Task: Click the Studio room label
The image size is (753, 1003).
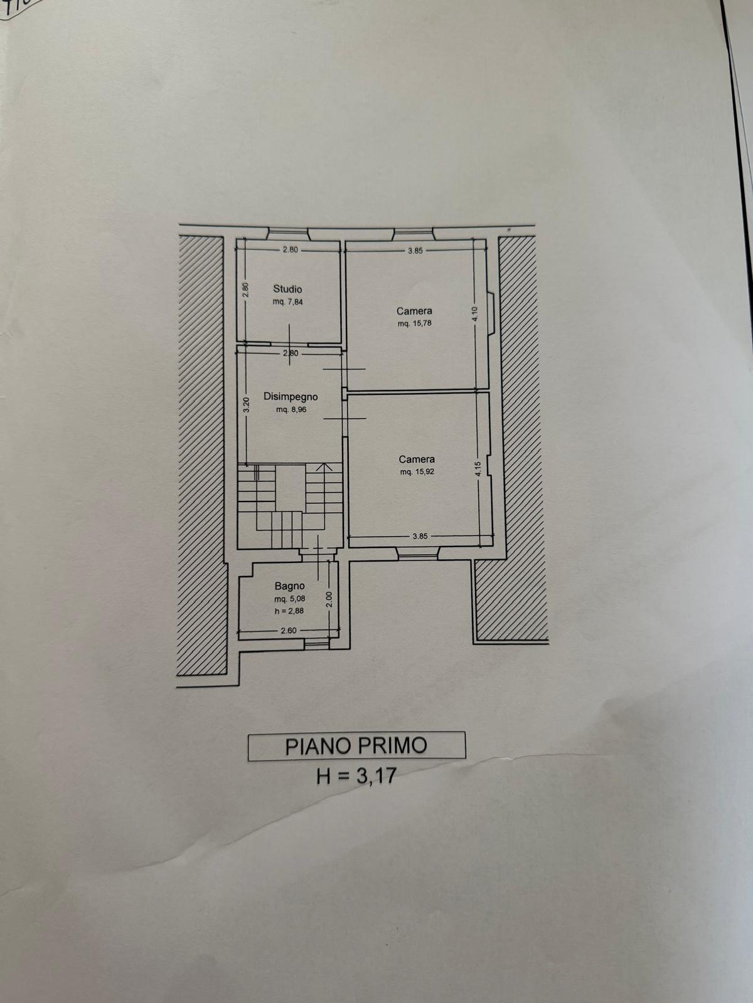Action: (x=287, y=289)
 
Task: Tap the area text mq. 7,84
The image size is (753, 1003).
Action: (x=287, y=302)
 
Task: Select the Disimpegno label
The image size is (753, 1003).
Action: (x=291, y=397)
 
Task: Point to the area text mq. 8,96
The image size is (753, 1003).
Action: (x=291, y=410)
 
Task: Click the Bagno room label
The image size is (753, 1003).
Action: (x=289, y=586)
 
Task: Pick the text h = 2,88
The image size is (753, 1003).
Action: (x=289, y=611)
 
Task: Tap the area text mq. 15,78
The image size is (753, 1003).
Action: (x=415, y=323)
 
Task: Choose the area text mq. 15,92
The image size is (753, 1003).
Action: (x=417, y=471)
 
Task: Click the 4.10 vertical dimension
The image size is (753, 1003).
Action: (x=475, y=314)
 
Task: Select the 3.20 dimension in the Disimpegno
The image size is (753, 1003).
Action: (x=246, y=405)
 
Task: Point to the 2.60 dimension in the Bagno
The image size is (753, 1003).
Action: (x=289, y=631)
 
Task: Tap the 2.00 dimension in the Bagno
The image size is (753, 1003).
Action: (x=330, y=599)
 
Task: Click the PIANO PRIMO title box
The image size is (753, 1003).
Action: (x=356, y=746)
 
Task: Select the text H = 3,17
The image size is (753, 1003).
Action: (x=356, y=775)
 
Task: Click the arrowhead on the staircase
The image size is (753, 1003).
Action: (x=324, y=466)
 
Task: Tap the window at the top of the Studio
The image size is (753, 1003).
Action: (x=288, y=233)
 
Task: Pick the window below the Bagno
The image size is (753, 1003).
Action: (x=317, y=644)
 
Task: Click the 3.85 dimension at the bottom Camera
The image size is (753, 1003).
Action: (x=420, y=537)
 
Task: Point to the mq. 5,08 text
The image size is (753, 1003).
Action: (x=289, y=598)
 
